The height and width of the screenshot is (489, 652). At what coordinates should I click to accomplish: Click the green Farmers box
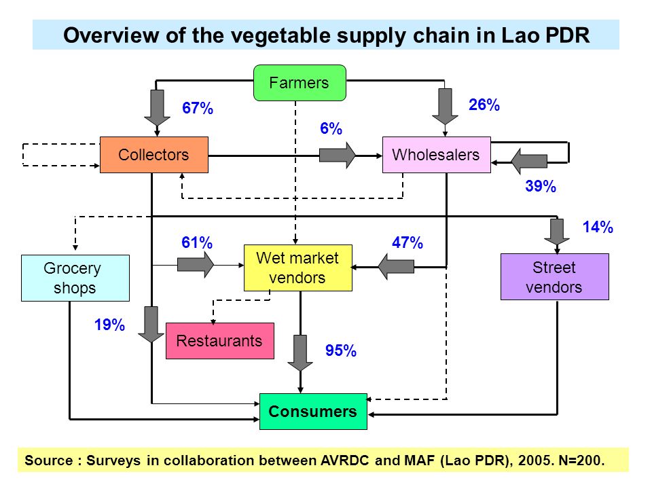coord(300,83)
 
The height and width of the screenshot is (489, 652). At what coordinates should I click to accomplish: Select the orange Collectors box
coord(154,155)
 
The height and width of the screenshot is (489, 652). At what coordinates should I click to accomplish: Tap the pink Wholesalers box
coord(436,155)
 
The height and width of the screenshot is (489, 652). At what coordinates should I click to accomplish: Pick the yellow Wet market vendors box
coord(297,268)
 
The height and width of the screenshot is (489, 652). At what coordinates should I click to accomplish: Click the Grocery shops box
coord(75,278)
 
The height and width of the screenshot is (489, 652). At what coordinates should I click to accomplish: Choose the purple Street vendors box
coord(555,277)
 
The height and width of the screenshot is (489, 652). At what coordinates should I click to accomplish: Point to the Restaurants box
coord(220,341)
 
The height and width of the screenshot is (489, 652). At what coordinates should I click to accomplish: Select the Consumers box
coord(313,412)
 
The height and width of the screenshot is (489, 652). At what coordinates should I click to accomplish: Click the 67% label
coord(198,108)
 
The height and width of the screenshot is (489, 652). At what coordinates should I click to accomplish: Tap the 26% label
coord(484,105)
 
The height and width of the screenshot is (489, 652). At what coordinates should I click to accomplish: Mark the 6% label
coord(331,128)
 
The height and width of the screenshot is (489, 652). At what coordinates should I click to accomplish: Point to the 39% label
coord(541,186)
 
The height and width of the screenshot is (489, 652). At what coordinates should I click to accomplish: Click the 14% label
coord(598,227)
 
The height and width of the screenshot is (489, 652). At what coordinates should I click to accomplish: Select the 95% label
coord(340,350)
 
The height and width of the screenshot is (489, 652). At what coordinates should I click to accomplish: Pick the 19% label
coord(109,325)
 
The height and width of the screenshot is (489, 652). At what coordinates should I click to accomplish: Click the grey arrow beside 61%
coord(196,264)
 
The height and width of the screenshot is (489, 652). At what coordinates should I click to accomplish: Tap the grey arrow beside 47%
coord(396,266)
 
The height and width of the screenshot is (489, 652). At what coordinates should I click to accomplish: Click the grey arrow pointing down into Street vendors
coord(557,232)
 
